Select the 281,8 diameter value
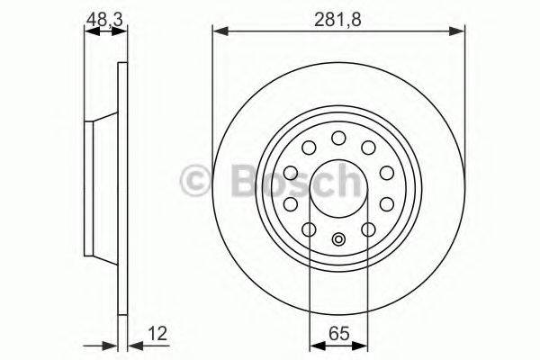pos(338,15)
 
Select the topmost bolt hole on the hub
pos(338,138)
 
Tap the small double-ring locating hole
pos(338,238)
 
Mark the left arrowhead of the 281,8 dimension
pos(217,31)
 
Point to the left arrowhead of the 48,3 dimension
pos(88,31)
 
